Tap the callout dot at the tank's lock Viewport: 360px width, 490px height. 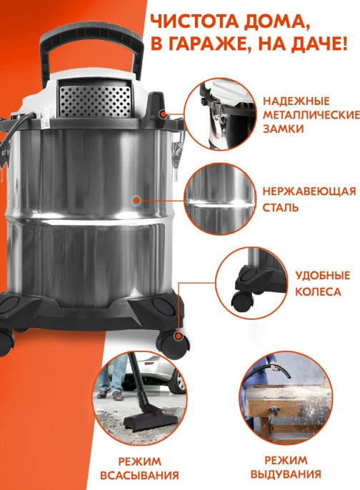164,112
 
